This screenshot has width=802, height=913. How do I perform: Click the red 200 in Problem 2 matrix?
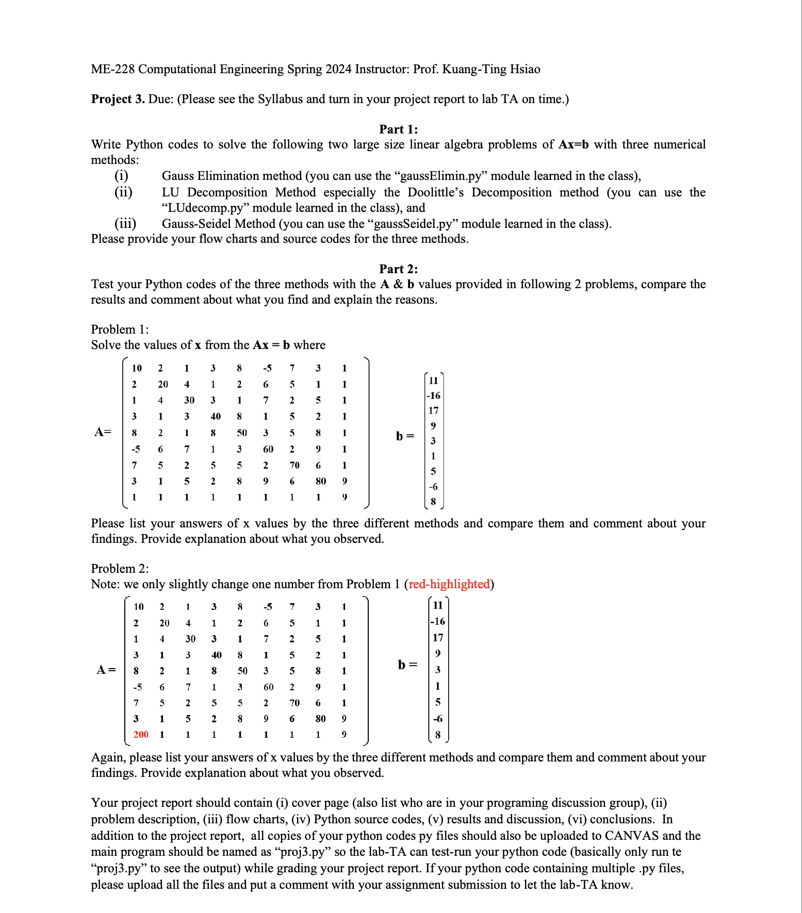[x=140, y=734]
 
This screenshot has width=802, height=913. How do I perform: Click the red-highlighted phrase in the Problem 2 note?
[x=449, y=584]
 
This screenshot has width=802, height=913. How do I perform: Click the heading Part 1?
[x=398, y=129]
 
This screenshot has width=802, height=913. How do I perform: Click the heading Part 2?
[x=398, y=269]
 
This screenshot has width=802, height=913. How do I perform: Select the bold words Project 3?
[x=118, y=99]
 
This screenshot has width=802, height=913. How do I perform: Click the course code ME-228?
[x=112, y=69]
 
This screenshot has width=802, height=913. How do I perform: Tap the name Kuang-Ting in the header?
[x=474, y=69]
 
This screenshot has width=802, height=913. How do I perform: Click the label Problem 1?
[x=120, y=329]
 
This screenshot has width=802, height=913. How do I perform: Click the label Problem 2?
[x=120, y=569]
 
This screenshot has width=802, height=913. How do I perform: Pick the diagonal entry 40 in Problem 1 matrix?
[x=215, y=416]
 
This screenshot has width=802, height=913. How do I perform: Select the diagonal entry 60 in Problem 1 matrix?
[x=268, y=449]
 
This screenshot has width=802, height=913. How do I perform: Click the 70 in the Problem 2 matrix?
[x=294, y=703]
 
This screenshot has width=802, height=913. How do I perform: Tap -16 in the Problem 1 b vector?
[x=433, y=395]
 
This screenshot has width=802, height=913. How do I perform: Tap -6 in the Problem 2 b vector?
[x=437, y=719]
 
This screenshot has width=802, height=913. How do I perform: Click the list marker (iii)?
[x=125, y=224]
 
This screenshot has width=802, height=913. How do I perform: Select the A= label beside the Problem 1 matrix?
[x=103, y=432]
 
